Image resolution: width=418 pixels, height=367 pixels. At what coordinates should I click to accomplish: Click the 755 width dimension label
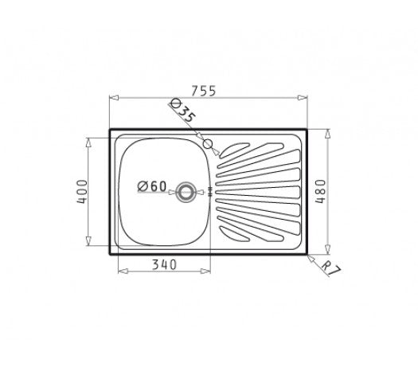[x=204, y=91]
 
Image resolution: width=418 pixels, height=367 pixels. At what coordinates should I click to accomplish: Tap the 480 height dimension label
[x=320, y=191]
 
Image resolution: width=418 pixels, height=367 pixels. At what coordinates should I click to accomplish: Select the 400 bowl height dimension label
[x=82, y=192]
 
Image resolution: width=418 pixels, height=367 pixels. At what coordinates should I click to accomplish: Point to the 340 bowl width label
[x=164, y=264]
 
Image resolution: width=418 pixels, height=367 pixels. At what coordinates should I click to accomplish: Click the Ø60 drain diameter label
[x=152, y=186]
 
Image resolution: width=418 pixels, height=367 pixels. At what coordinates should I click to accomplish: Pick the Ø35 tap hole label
[x=183, y=111]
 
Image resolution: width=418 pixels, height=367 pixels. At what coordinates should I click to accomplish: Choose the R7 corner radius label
[x=331, y=268]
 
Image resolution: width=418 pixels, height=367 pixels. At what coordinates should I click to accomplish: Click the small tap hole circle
[x=208, y=144]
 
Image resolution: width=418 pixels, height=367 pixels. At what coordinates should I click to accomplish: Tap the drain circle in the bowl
[x=186, y=192]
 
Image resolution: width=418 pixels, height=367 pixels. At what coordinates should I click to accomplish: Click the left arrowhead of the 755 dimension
[x=114, y=98]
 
